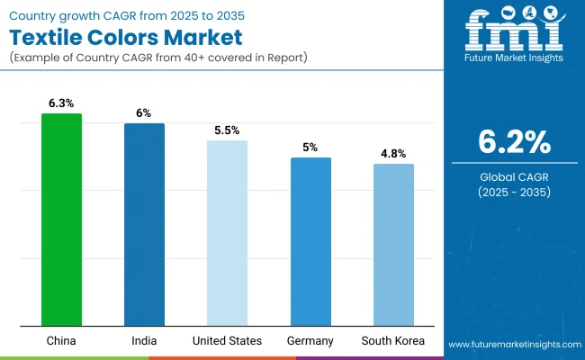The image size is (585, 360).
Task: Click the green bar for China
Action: [x=61, y=220]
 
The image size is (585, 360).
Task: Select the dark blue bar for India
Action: [x=144, y=224]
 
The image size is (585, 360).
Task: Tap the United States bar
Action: [x=227, y=233]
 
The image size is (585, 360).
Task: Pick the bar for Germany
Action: [x=310, y=241]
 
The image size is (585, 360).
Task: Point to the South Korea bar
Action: [x=393, y=245]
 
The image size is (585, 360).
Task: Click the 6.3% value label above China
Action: [x=61, y=103]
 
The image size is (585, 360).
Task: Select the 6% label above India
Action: [x=144, y=113]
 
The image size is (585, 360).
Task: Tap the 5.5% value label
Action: [x=227, y=130]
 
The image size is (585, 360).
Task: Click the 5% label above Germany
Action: [x=310, y=147]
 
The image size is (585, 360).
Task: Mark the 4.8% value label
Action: [x=393, y=153]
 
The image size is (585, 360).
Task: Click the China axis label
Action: [x=61, y=341]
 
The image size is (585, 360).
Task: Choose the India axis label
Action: [x=144, y=341]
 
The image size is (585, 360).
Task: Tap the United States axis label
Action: [x=227, y=341]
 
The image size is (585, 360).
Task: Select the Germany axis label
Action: [x=310, y=341]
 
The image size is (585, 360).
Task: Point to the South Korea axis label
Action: [x=393, y=341]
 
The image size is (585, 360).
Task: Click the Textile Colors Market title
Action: [x=128, y=39]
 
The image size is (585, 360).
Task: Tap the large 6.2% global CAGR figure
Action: [x=513, y=142]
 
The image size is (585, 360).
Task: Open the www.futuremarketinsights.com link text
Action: [x=512, y=345]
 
